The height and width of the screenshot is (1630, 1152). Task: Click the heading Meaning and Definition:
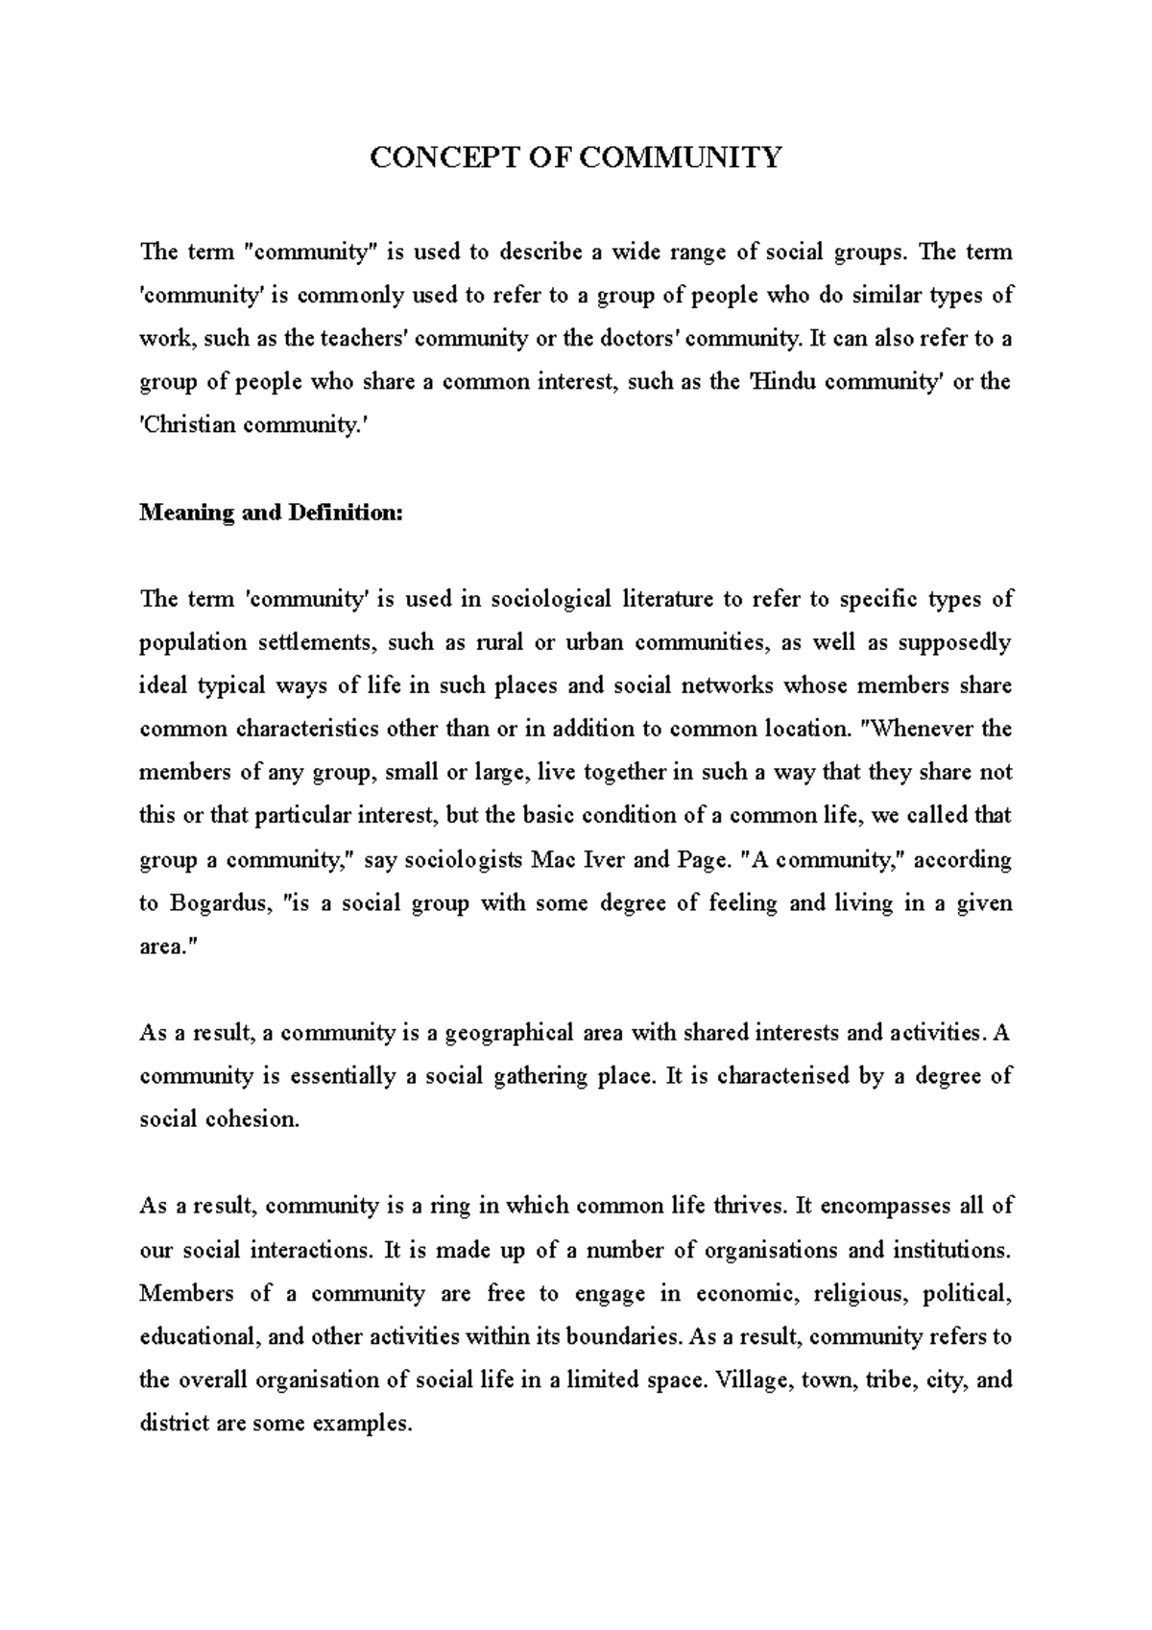[272, 513]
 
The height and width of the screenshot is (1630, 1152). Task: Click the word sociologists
[464, 860]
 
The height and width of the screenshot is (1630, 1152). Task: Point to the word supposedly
[954, 643]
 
